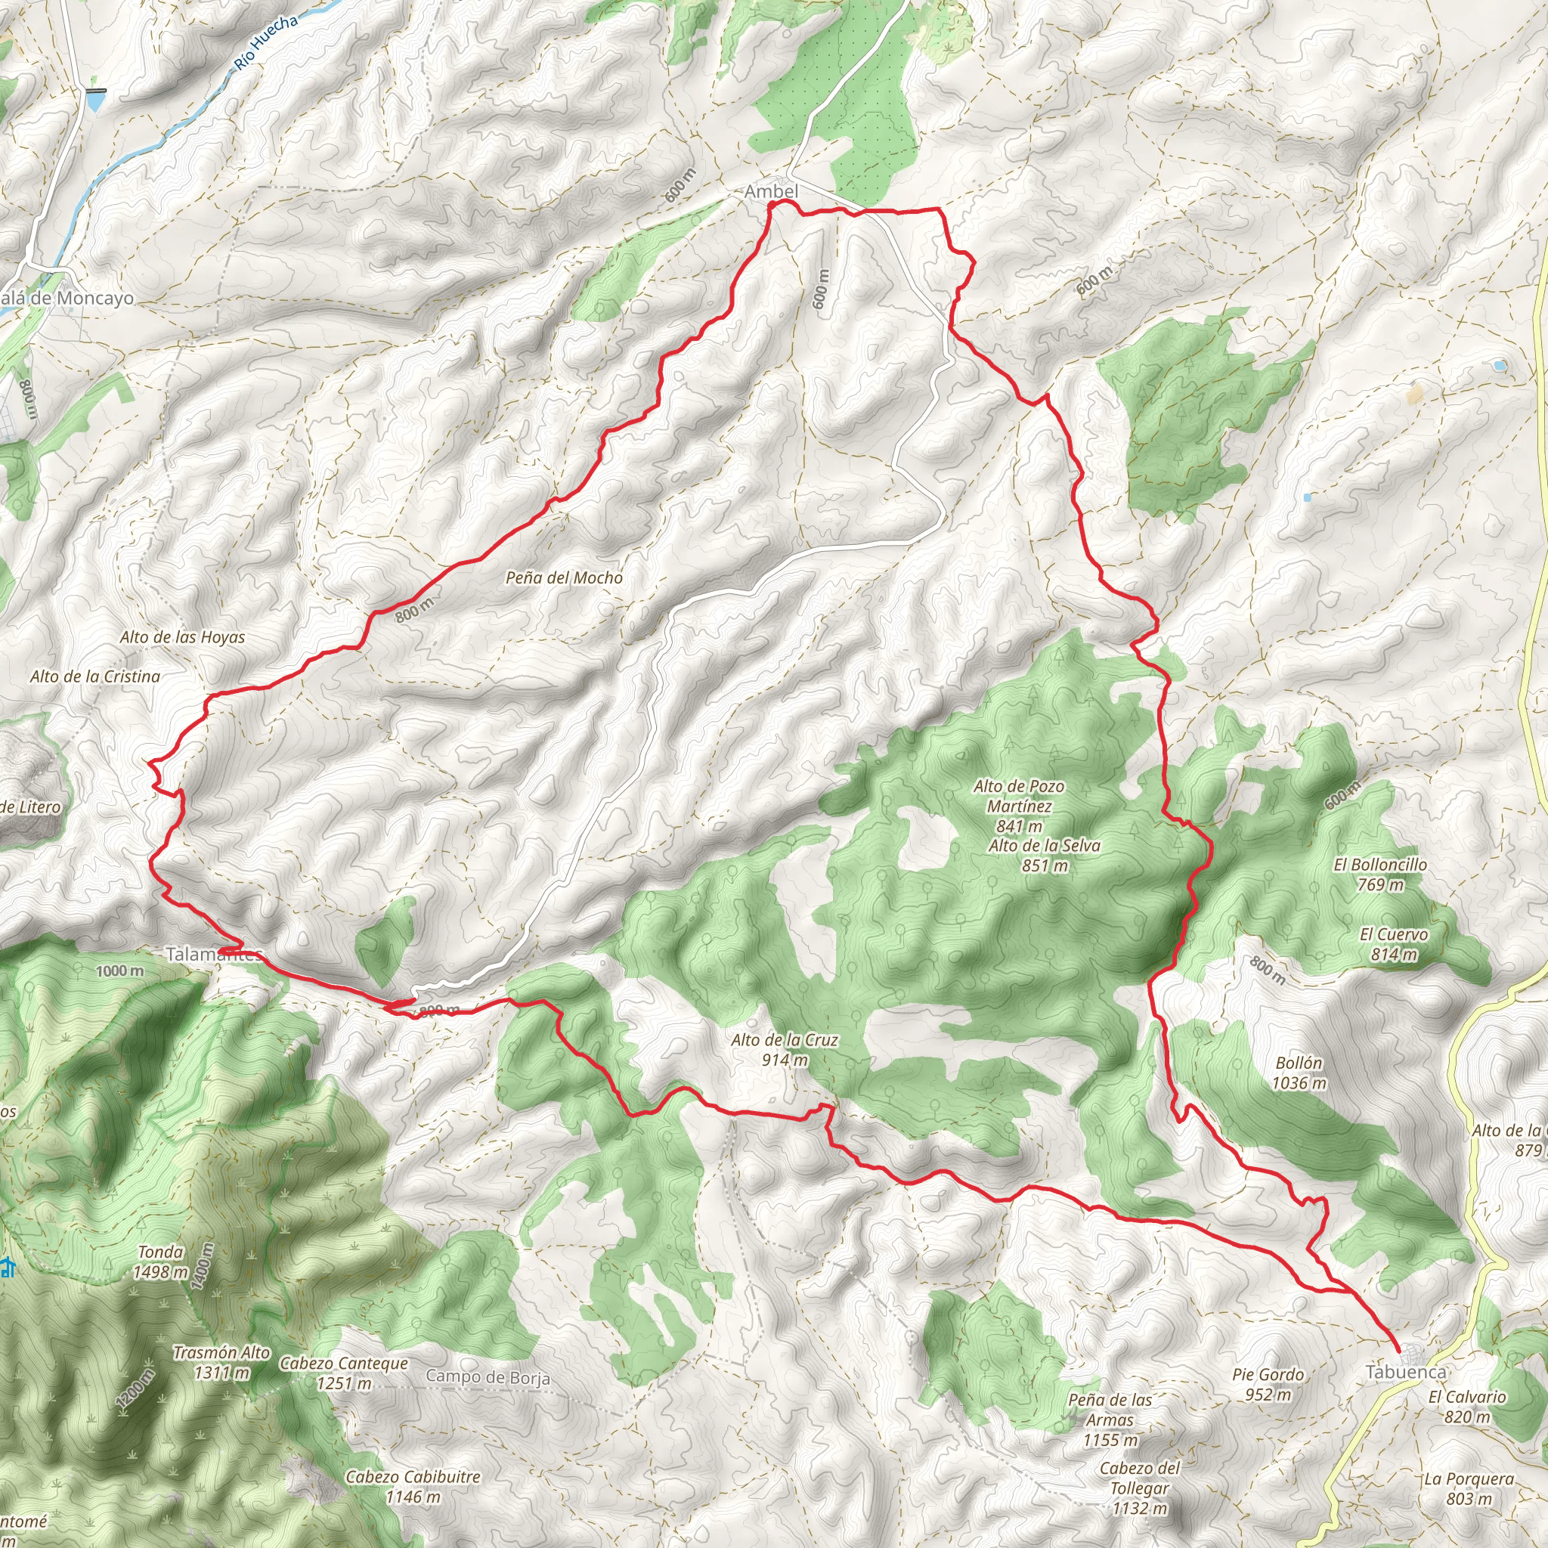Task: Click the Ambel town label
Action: coord(771,191)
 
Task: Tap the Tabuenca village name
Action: coord(1405,1372)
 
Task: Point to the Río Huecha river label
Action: coord(267,42)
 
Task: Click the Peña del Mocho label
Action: coord(564,577)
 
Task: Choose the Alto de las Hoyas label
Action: coord(183,637)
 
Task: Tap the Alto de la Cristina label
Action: coord(95,676)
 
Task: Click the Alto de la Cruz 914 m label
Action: coord(785,1050)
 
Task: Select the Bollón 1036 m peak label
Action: coord(1299,1073)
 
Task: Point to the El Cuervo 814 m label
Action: coord(1393,944)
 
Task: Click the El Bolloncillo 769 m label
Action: coord(1379,875)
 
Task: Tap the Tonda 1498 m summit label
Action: coord(161,1262)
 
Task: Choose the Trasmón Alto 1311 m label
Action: coord(222,1362)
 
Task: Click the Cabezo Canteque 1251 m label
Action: coord(344,1373)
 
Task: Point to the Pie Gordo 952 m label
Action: coord(1268,1384)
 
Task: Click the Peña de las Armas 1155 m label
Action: coord(1110,1419)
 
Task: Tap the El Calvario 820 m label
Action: coord(1467,1406)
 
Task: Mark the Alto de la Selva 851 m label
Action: coord(1044,855)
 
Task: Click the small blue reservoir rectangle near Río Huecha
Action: coord(95,101)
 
